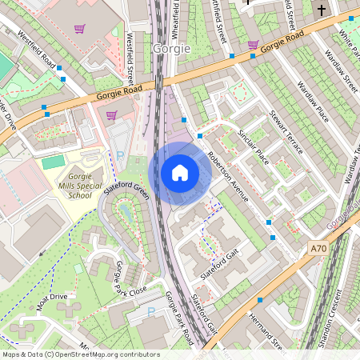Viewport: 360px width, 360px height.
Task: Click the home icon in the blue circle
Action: pos(180,172)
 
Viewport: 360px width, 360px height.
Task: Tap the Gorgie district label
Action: pos(170,49)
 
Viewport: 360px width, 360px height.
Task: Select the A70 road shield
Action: pos(319,250)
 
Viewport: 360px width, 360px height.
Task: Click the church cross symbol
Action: pos(322,10)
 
